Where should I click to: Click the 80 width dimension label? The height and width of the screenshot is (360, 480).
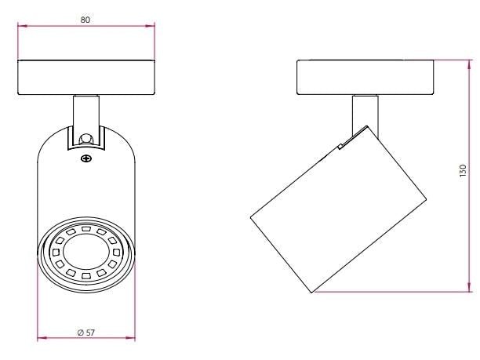(x=85, y=20)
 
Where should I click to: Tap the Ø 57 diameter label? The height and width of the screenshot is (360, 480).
(x=86, y=333)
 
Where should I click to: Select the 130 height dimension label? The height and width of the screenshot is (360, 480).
(x=463, y=170)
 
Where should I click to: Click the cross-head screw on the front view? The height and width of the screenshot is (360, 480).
(x=86, y=158)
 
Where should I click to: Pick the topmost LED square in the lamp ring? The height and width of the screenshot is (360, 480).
(x=85, y=229)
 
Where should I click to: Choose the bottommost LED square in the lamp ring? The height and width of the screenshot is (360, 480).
(x=85, y=275)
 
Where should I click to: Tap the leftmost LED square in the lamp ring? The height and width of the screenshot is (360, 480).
(x=56, y=253)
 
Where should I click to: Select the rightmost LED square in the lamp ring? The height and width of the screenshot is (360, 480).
(x=116, y=253)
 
